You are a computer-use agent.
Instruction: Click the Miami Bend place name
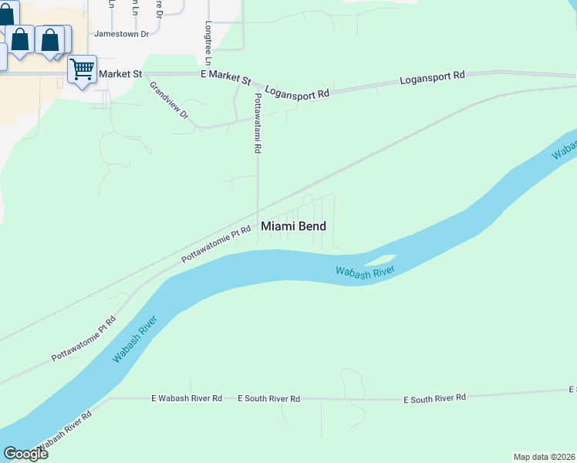(x=293, y=226)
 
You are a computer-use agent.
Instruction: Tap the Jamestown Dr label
(x=126, y=34)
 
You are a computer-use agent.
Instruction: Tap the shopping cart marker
(x=82, y=69)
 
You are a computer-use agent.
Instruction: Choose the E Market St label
(x=226, y=79)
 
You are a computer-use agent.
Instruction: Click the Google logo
(x=25, y=454)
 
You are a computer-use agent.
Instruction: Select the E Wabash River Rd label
(x=187, y=398)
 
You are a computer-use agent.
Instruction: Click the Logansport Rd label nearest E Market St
(x=297, y=92)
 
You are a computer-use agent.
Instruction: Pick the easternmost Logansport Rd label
(x=433, y=78)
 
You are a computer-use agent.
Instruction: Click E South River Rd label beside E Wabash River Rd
(x=268, y=398)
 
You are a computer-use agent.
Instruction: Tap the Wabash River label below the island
(x=365, y=271)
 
